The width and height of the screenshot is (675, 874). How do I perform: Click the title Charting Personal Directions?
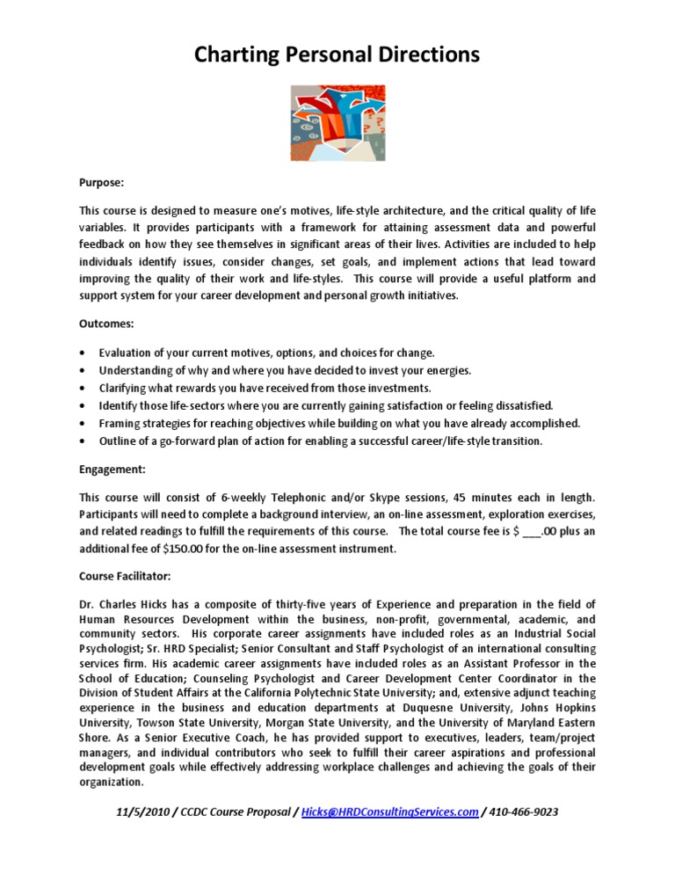[337, 55]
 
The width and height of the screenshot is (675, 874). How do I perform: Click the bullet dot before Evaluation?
[82, 353]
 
